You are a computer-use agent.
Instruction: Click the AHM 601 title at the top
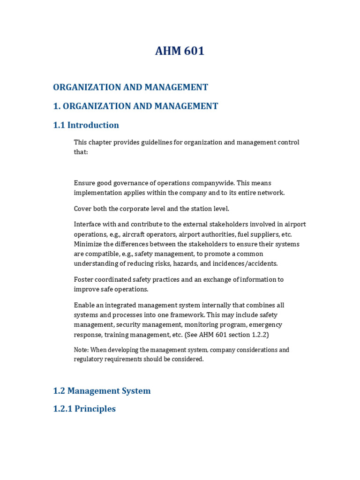(180, 51)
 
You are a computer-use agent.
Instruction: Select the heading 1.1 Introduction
(86, 125)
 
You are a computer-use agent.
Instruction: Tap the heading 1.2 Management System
(102, 391)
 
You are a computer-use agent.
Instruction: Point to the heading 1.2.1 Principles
(84, 409)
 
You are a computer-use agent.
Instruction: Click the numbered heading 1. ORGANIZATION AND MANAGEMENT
(135, 106)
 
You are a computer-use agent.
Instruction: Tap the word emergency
(265, 325)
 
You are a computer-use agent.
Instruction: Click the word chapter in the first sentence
(101, 142)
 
